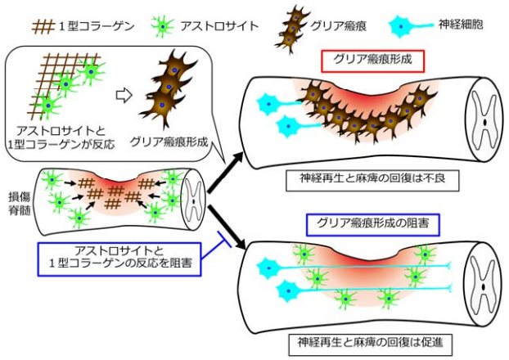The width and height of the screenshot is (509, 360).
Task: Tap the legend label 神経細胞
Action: tap(473, 25)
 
